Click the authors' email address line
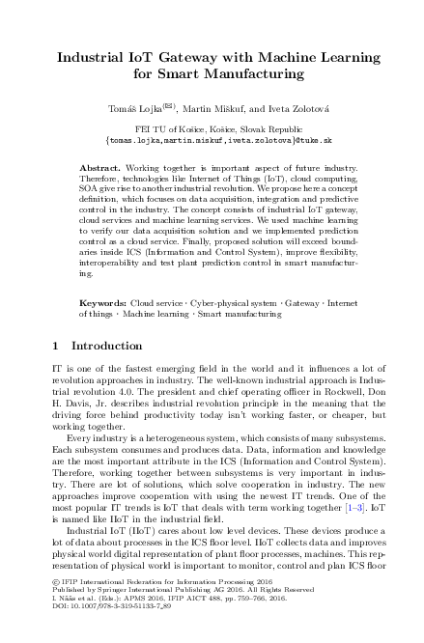pyautogui.click(x=212, y=138)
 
